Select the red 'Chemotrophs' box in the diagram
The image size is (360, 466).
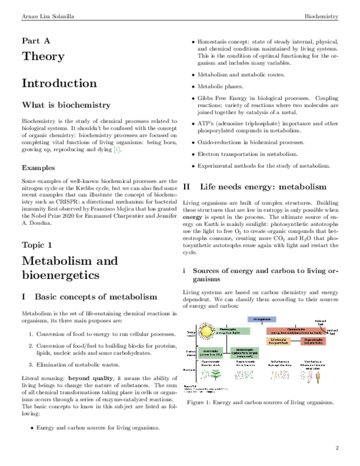pos(295,331)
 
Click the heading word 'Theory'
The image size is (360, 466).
pos(43,56)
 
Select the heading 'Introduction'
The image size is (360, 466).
pos(59,84)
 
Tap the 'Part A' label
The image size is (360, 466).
pos(36,41)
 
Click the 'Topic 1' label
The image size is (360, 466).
pos(37,244)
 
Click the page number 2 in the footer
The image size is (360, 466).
pos(337,448)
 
